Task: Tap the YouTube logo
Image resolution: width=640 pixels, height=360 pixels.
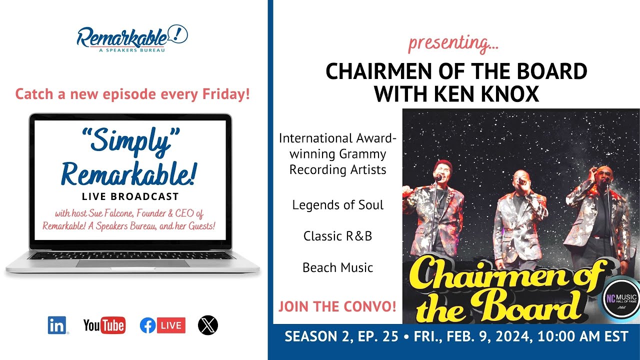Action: (104, 325)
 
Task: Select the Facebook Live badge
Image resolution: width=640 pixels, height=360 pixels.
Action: (162, 325)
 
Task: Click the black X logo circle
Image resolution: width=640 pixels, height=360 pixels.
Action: (207, 325)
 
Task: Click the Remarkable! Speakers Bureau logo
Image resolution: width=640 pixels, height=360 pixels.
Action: (132, 38)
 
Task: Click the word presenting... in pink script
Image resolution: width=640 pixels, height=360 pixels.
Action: (453, 43)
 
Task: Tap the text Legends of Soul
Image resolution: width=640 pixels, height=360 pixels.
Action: (338, 205)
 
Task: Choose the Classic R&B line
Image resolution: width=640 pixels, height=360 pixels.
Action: (338, 236)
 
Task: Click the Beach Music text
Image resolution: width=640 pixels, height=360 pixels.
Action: (338, 267)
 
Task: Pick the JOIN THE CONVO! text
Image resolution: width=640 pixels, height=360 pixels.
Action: (337, 306)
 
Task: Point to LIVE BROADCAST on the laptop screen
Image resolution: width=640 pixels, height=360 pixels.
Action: (130, 196)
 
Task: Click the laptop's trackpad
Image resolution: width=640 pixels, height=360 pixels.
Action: (132, 263)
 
